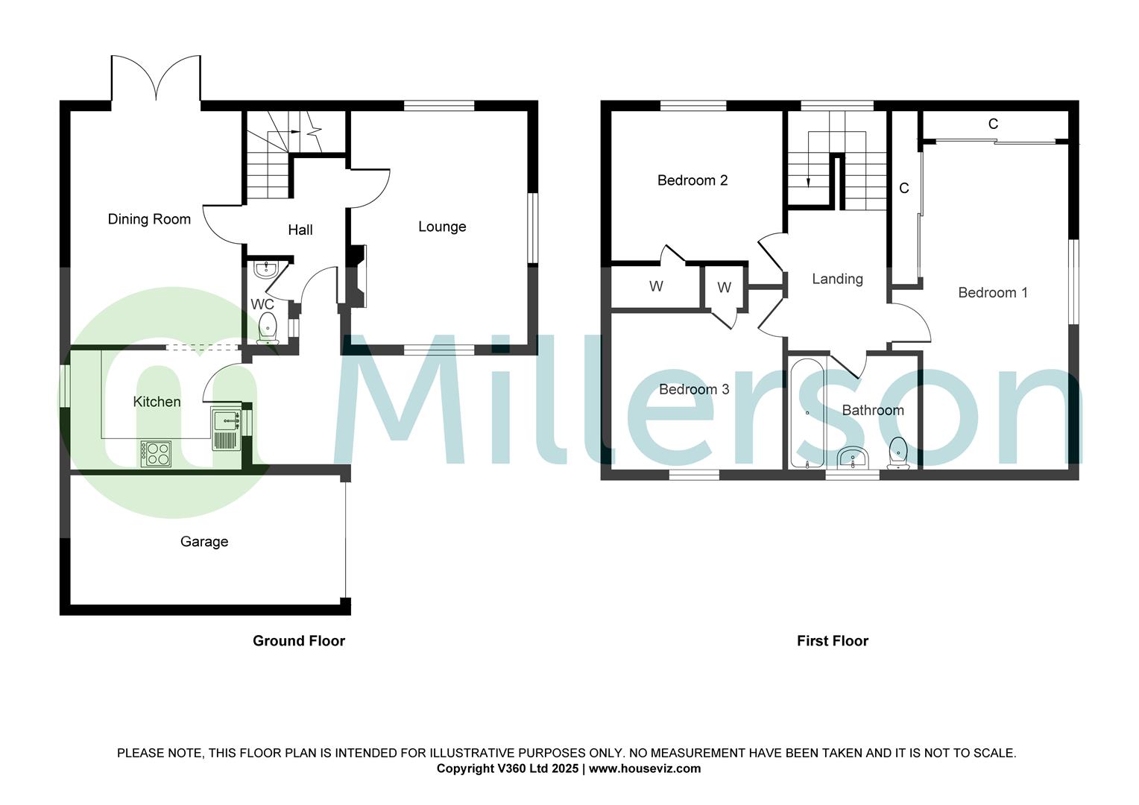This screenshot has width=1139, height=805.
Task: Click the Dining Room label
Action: [x=149, y=219]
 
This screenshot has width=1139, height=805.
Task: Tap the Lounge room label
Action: [x=442, y=227]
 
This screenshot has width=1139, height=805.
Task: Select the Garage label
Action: [x=204, y=542]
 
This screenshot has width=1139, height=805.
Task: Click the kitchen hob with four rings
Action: [x=156, y=453]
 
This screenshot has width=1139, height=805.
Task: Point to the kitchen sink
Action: [x=226, y=421]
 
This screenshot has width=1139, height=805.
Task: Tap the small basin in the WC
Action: [x=265, y=269]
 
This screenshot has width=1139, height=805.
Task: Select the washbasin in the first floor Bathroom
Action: [x=851, y=458]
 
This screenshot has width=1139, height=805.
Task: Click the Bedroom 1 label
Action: [x=992, y=293]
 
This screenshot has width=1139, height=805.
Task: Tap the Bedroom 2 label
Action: [x=692, y=180]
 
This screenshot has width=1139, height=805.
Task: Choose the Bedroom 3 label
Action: [x=694, y=390]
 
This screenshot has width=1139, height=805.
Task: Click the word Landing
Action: [x=837, y=279]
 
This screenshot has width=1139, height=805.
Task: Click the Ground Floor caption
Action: [x=299, y=641]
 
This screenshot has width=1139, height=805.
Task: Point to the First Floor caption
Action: [x=833, y=641]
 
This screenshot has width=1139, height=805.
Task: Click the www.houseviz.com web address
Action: [x=645, y=768]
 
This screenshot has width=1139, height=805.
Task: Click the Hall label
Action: [x=300, y=230]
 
